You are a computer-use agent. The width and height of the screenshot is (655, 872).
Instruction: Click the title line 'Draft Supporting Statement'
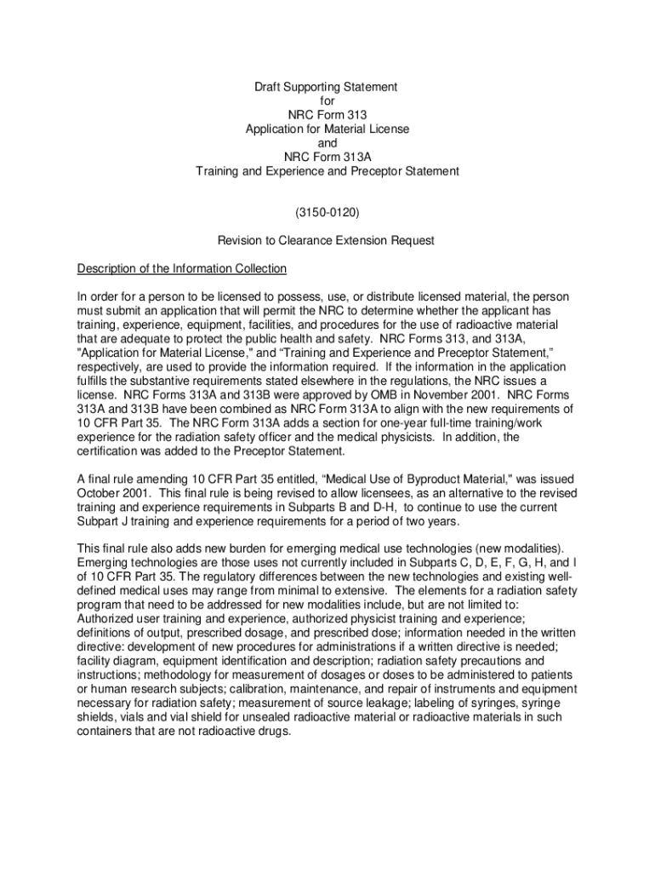[x=327, y=87]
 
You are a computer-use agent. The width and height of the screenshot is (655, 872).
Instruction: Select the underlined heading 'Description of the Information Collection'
[x=182, y=269]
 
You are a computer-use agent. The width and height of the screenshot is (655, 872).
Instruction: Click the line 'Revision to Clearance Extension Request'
[x=327, y=241]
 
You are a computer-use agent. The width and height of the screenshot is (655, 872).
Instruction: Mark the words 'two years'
[x=429, y=521]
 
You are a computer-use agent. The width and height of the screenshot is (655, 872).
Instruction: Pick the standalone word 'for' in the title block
[x=327, y=100]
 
